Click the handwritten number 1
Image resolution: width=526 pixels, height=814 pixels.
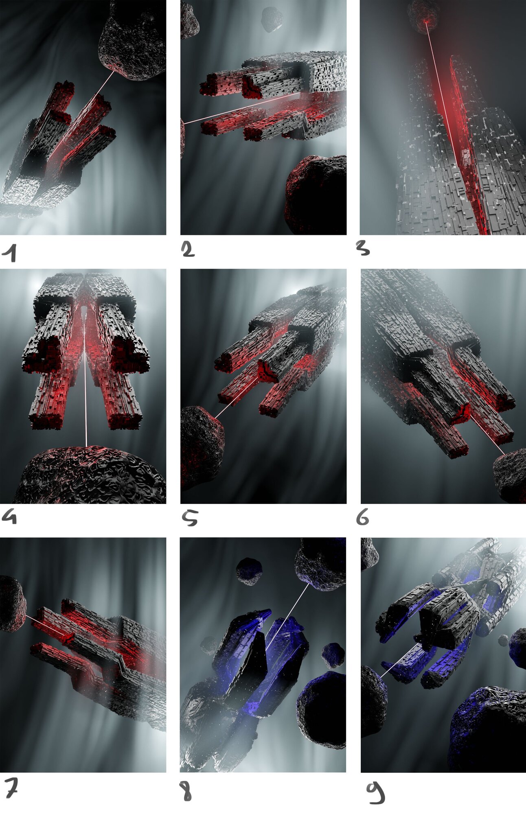pos(10,253)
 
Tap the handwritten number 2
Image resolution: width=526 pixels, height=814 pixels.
pos(188,249)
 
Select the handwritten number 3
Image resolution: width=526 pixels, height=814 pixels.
pos(363,248)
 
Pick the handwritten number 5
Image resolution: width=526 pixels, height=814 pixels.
pos(190,518)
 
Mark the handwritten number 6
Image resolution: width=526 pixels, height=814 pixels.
pos(362,517)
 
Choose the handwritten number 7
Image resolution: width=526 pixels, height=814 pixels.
pos(11,787)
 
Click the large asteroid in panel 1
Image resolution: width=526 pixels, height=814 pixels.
pos(133,41)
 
